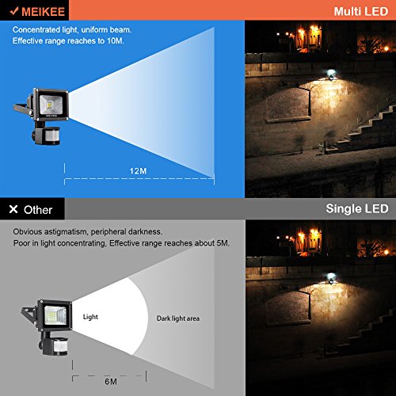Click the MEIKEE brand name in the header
point(44,12)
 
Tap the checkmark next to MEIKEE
point(14,11)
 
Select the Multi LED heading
point(361,11)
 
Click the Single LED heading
point(357,208)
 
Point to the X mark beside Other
point(13,209)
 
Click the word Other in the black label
point(38,210)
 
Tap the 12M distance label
point(138,171)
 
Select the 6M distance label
point(111,382)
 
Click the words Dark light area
point(178,318)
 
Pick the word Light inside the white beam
point(90,317)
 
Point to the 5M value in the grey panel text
point(223,243)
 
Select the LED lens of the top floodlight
point(51,105)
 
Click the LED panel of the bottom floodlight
point(55,315)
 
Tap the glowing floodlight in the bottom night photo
point(330,277)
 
